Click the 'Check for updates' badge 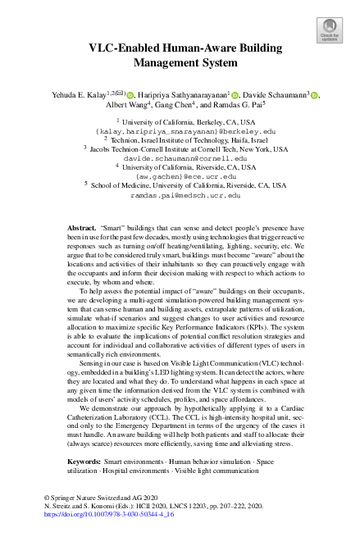[329, 32]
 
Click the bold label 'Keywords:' [84, 462]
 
